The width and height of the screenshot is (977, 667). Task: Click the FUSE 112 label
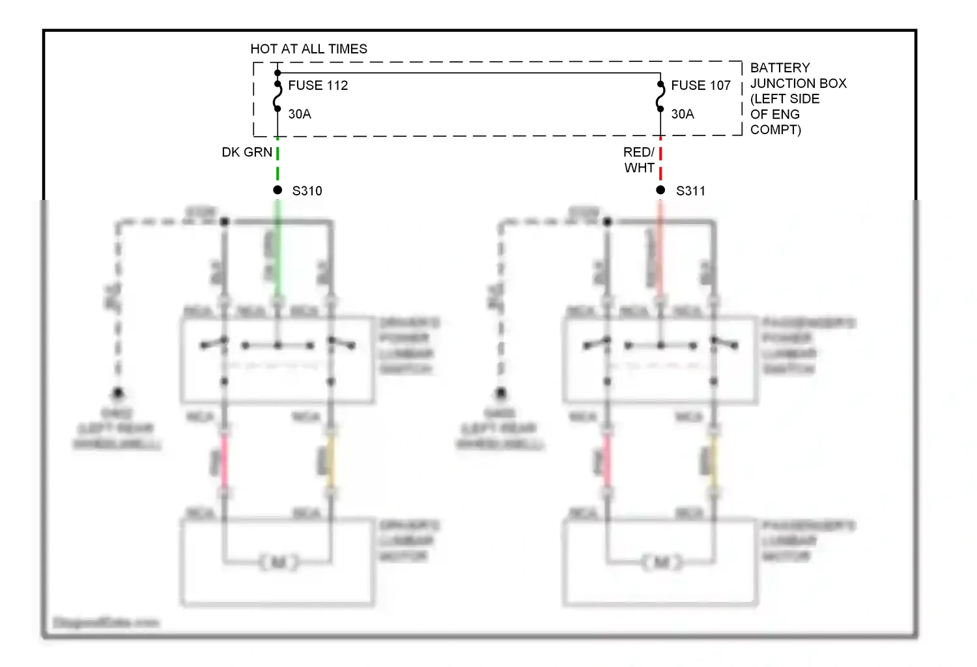318,85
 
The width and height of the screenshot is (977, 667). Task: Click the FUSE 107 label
701,85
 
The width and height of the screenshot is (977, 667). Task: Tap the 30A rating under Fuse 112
300,114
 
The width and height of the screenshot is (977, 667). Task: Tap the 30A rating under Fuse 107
683,114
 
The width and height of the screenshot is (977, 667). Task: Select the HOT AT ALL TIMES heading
309,49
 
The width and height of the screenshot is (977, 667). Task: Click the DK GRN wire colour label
247,152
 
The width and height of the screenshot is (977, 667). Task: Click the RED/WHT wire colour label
639,160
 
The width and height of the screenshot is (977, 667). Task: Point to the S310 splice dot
277,190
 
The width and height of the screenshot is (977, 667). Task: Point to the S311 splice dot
660,190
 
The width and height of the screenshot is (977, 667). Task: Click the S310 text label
307,191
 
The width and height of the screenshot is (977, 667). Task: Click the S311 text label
690,191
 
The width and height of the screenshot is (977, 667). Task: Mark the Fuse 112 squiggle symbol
277,96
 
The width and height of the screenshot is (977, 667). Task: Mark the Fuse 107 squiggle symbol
660,96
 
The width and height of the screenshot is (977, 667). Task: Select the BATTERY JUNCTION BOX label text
797,98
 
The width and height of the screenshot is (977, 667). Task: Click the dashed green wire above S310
277,163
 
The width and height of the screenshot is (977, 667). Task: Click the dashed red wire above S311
660,163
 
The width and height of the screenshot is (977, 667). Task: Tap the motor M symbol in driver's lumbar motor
278,561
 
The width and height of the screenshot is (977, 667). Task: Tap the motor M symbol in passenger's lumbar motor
661,561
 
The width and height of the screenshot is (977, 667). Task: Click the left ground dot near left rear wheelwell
118,393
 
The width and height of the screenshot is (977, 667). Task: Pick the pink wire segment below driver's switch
224,461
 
